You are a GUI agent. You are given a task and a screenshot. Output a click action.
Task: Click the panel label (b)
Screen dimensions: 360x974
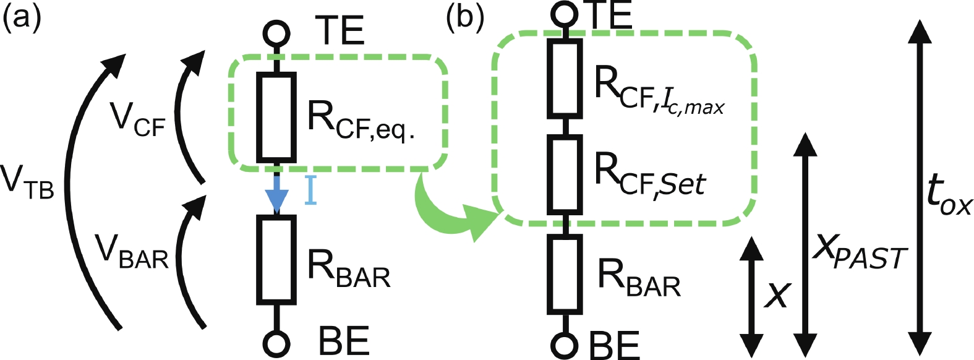(464, 17)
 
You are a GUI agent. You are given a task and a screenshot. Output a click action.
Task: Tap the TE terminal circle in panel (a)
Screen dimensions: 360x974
(276, 34)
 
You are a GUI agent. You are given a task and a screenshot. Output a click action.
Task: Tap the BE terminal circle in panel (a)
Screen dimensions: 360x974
(276, 342)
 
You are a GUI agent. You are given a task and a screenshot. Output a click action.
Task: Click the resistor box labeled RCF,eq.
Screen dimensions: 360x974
(276, 116)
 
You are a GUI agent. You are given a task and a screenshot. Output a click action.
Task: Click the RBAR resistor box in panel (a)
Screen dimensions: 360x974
(276, 259)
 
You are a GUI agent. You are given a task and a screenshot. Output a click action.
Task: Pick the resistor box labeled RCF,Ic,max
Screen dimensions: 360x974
(564, 78)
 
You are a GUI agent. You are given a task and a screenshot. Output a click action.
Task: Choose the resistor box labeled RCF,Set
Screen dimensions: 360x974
(564, 174)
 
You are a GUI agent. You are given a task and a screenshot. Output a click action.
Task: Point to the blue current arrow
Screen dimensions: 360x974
(276, 194)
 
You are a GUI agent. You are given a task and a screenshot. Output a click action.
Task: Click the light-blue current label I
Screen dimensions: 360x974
(310, 190)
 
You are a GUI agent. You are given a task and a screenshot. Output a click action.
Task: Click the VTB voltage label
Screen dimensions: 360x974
(27, 183)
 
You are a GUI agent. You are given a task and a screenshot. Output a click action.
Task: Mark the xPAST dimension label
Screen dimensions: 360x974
(860, 250)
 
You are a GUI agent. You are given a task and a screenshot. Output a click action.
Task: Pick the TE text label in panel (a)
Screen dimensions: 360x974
(340, 31)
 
